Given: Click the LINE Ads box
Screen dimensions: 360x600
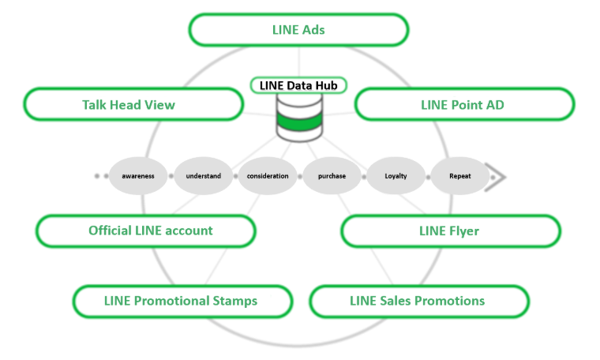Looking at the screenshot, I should [298, 30].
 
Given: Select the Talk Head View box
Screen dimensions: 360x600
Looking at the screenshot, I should [133, 104].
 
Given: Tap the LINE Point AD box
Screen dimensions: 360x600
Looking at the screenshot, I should [463, 104].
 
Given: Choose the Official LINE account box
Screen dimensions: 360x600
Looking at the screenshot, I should [146, 231].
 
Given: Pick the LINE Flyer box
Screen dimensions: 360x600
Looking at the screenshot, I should [450, 231].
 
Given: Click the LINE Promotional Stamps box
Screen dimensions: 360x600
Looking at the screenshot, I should [182, 301].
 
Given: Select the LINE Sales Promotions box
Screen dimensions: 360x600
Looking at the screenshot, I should [418, 301].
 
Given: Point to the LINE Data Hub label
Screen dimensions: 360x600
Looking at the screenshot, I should [298, 84].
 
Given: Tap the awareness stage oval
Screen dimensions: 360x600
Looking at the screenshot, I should [138, 176].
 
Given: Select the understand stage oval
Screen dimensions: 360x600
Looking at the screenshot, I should [203, 176].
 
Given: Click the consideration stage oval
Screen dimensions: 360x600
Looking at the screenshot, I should [268, 176].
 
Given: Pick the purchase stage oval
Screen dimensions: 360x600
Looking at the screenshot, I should [332, 176].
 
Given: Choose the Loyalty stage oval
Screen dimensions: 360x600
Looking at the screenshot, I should [396, 176].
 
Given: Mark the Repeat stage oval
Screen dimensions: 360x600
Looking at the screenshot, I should [459, 176].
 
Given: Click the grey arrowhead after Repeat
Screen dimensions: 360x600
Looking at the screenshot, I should [496, 176].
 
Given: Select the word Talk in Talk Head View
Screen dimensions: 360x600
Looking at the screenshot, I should [96, 104].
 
